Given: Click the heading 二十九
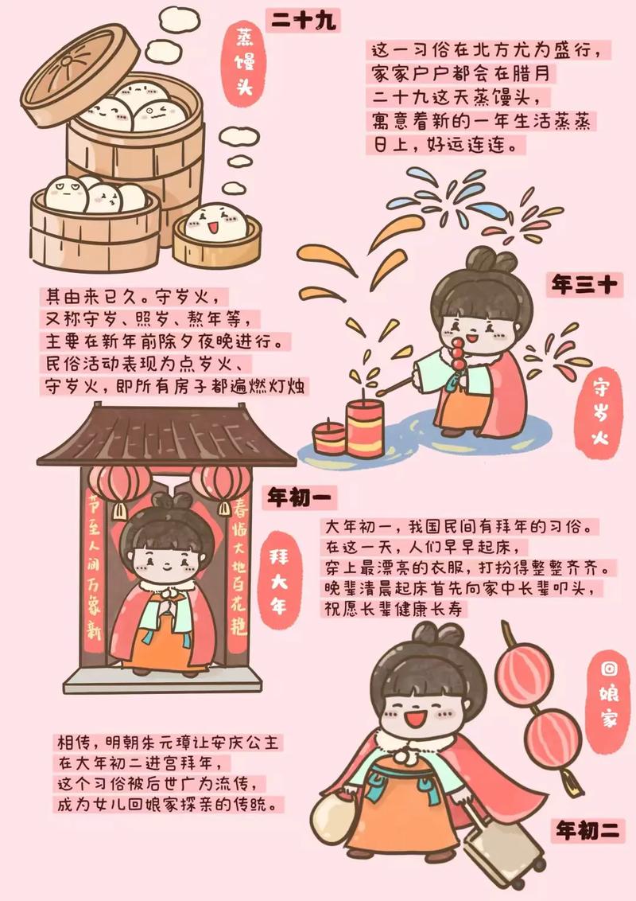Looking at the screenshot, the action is tap(303, 21).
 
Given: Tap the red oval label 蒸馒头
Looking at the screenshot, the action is tap(245, 63).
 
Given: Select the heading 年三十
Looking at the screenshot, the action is tap(584, 284).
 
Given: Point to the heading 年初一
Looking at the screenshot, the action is tap(301, 497).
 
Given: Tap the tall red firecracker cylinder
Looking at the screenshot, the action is tap(364, 428).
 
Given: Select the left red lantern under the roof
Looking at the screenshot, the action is tap(118, 486).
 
